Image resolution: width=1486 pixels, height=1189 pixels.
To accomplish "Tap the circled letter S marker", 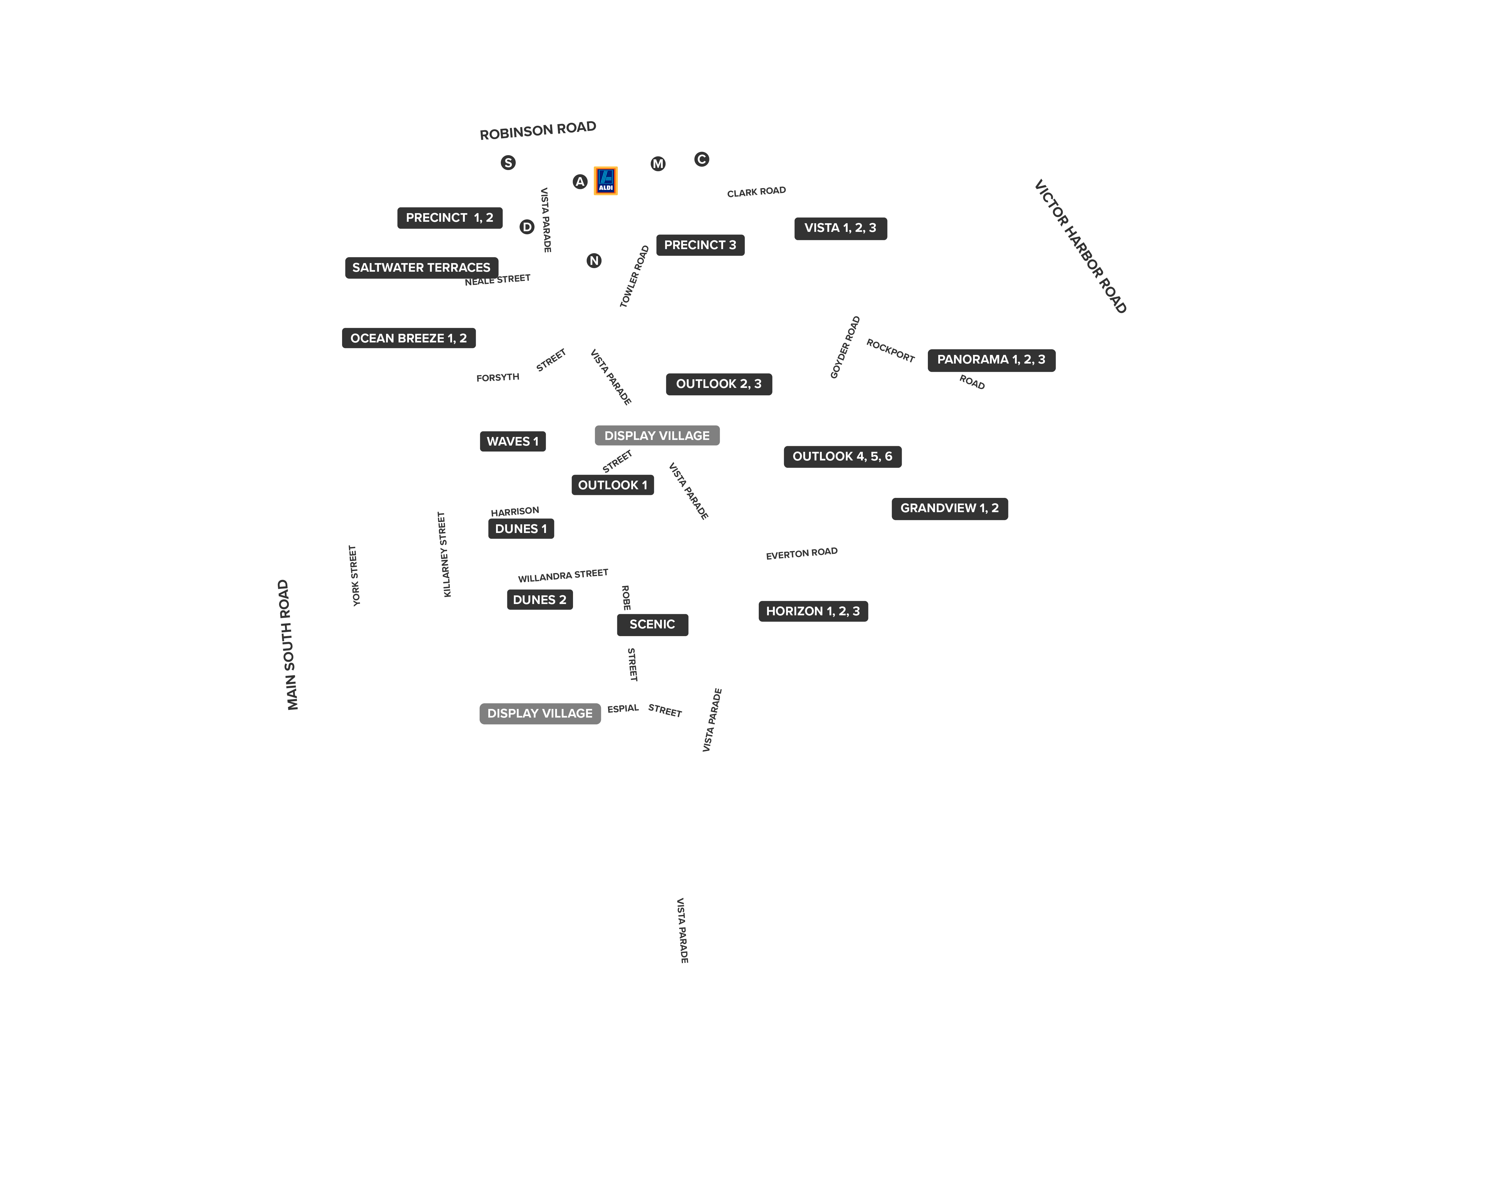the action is click(x=508, y=163).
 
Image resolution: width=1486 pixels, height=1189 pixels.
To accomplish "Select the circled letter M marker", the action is click(x=658, y=163).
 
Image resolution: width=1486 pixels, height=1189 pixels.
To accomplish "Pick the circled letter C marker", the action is click(x=702, y=159).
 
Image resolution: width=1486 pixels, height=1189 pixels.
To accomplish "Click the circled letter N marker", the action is click(x=594, y=261).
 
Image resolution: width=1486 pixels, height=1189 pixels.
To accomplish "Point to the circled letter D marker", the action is click(x=527, y=227).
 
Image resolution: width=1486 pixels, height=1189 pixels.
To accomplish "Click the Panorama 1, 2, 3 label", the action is click(x=991, y=360).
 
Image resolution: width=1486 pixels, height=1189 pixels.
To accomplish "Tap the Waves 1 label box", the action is click(x=513, y=441).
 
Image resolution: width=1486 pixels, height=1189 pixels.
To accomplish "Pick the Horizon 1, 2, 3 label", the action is click(x=813, y=611).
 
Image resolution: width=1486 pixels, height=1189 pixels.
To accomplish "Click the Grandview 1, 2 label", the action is click(x=950, y=509).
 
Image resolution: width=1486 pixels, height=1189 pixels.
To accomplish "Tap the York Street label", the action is click(x=354, y=575).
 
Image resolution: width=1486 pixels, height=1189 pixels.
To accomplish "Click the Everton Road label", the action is click(x=802, y=553).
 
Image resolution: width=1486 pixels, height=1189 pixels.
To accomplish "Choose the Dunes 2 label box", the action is click(x=540, y=600).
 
